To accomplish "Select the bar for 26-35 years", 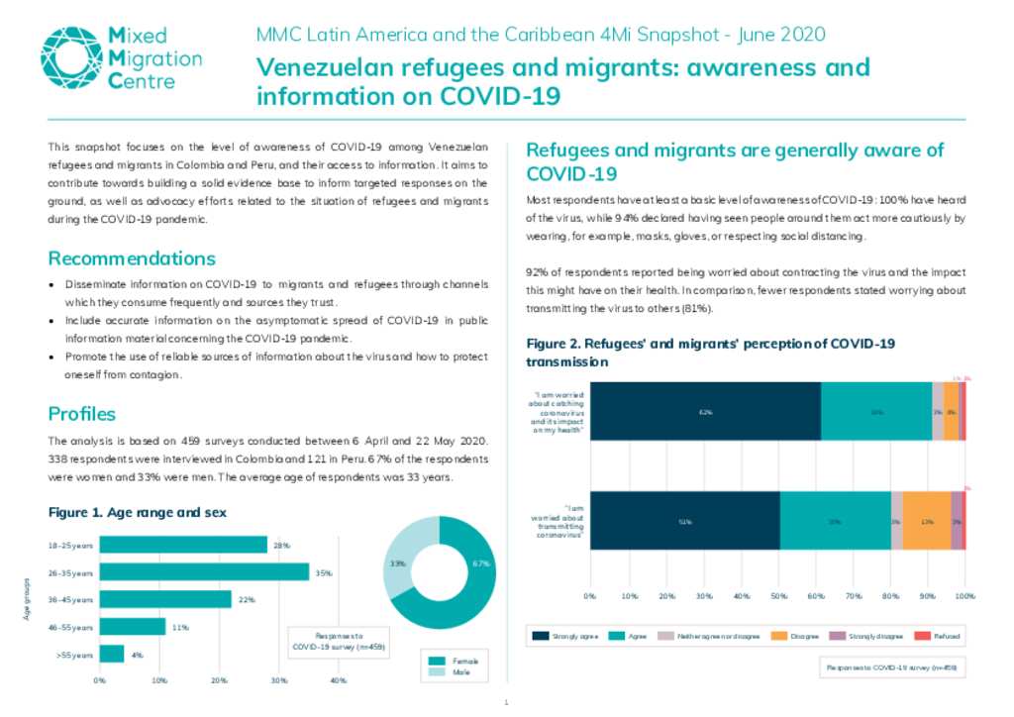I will tap(204, 572).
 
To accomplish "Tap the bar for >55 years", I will tap(112, 654).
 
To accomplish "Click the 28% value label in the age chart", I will tap(280, 546).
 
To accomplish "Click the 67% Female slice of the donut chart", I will tap(465, 584).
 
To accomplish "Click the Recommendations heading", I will tap(132, 259).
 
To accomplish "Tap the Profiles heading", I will tap(82, 414).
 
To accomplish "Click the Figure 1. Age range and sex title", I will tap(137, 513).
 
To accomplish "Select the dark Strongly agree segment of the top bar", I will tap(705, 411).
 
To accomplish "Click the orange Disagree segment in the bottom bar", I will tap(927, 520).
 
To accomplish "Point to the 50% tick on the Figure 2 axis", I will tap(778, 596).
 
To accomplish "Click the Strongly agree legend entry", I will tap(563, 636).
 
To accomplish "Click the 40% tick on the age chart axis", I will tap(338, 680).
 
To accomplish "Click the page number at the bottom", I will tap(506, 703).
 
